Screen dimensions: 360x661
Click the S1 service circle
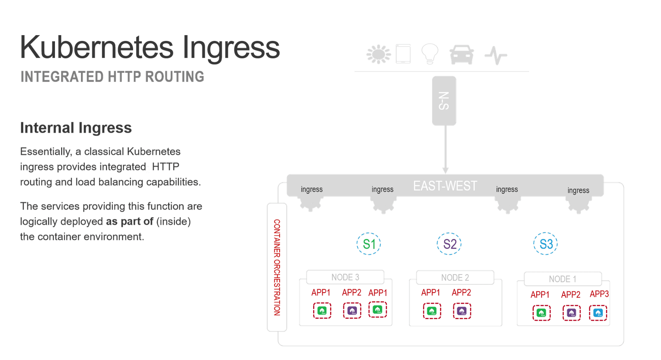coord(369,244)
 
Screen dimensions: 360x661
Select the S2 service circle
coord(449,244)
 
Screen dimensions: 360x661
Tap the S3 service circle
coord(546,244)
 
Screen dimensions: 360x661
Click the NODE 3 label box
coord(345,277)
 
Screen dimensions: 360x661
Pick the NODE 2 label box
coord(455,277)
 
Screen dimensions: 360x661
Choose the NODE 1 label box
coord(563,279)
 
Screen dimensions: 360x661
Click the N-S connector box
coord(444,101)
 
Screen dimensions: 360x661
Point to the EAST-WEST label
coord(445,186)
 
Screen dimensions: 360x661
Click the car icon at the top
coord(461,55)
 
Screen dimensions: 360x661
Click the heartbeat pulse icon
coord(496,55)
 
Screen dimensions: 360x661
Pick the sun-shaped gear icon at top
coord(378,54)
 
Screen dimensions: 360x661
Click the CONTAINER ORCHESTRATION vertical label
coord(277,267)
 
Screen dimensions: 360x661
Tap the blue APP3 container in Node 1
coord(598,313)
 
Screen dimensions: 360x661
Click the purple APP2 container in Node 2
coord(461,311)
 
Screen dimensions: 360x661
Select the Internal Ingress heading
coord(76,128)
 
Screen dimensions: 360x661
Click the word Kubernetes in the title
coord(97,48)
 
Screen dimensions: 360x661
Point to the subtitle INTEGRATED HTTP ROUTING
coord(112,76)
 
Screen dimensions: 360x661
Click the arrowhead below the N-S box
coord(445,170)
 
